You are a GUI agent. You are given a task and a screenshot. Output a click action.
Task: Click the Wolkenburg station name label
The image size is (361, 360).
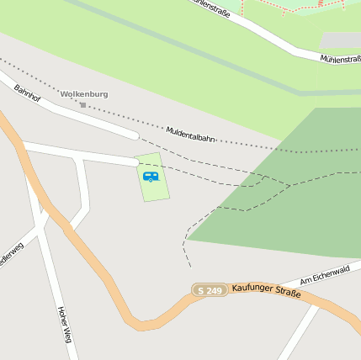84,94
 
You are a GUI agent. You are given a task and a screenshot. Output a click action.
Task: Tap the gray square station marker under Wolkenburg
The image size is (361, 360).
82,105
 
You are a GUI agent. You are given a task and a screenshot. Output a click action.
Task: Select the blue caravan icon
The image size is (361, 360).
151,177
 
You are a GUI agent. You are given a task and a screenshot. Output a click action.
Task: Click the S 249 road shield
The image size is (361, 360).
210,290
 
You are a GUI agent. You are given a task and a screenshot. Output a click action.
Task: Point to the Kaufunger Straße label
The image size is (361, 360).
266,289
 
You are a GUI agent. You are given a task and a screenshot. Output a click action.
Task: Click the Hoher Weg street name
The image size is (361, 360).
64,324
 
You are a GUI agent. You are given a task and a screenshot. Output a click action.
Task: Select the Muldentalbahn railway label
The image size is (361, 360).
190,135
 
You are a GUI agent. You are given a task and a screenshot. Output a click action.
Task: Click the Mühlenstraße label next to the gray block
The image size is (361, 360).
340,60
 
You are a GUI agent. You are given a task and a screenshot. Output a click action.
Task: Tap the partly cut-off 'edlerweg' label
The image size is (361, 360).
10,256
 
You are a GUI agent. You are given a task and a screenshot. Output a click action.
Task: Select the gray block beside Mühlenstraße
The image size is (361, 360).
340,40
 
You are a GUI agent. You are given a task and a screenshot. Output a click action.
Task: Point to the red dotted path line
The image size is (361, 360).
290,8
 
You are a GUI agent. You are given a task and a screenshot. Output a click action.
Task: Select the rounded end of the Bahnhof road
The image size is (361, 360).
134,135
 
